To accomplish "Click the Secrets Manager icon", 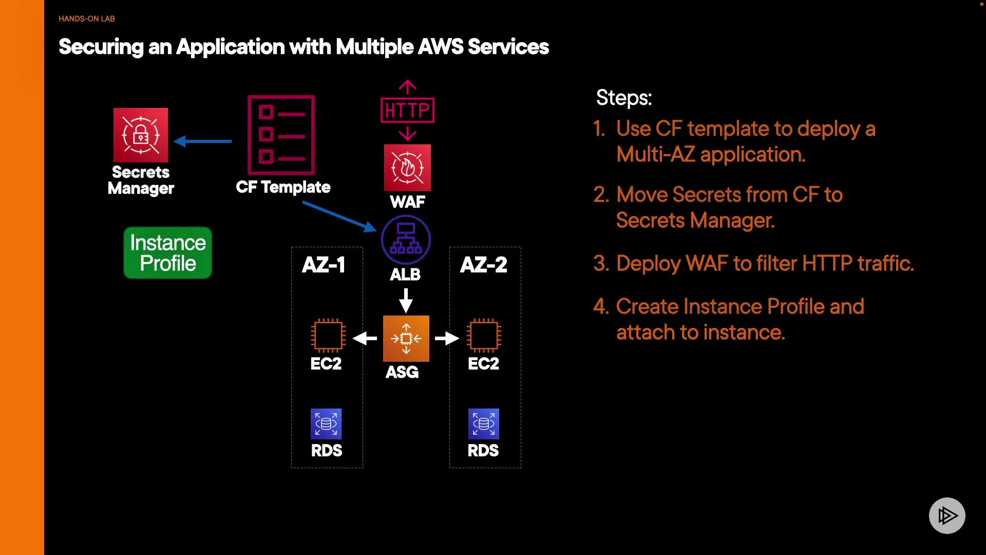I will click(x=141, y=135).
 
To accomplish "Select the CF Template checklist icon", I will click(x=281, y=135).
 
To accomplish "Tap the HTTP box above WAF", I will click(x=407, y=110).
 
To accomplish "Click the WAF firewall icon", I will click(x=408, y=168).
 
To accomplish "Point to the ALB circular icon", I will click(x=406, y=240).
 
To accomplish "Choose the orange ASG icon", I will click(x=406, y=339).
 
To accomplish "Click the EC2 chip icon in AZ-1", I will click(x=328, y=336).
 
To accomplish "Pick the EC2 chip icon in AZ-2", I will click(x=484, y=336).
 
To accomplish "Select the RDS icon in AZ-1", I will click(x=326, y=424).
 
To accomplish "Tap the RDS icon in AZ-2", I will click(x=484, y=424).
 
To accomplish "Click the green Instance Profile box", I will click(x=168, y=253).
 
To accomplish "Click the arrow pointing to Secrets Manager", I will click(x=203, y=141).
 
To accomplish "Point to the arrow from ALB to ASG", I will click(x=406, y=300).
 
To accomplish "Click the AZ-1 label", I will click(x=324, y=265).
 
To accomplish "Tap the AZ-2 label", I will click(x=484, y=265).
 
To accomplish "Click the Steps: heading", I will click(x=624, y=98).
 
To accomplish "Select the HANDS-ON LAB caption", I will click(x=87, y=18).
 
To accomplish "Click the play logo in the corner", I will click(x=947, y=515).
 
